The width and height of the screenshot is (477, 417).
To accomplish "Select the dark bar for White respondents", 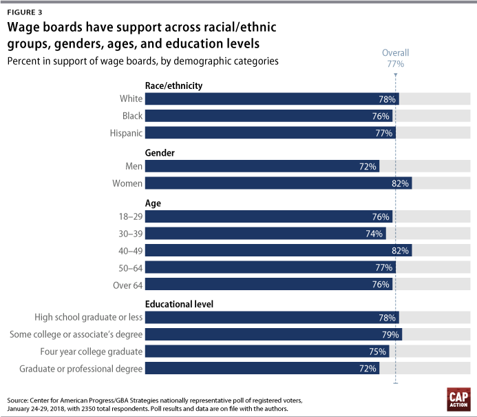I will (x=272, y=99).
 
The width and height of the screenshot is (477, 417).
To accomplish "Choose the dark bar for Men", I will (x=262, y=166).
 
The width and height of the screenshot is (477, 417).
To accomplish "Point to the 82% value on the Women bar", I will (x=401, y=183).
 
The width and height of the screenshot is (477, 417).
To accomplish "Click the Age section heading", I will (x=153, y=203).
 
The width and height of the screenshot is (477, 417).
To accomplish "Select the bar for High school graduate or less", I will (x=272, y=318).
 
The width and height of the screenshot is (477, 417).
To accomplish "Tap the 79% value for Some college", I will (x=390, y=335).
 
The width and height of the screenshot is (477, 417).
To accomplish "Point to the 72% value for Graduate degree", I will (x=368, y=369).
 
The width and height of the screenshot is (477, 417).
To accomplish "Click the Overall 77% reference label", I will (x=396, y=58).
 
